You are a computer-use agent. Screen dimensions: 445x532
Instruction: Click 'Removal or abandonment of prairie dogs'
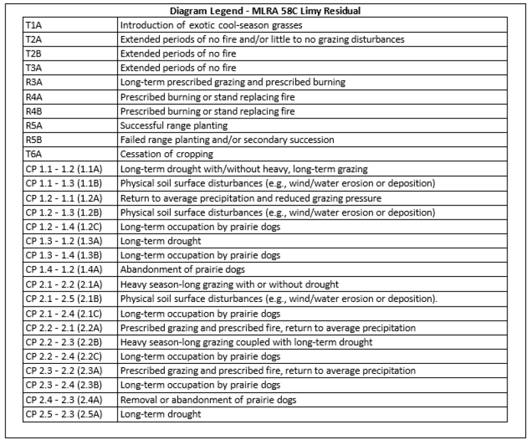(208, 400)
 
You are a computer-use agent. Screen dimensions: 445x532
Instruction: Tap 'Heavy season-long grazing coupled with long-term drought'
(246, 343)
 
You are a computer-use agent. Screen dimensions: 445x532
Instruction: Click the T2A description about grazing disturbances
(262, 39)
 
